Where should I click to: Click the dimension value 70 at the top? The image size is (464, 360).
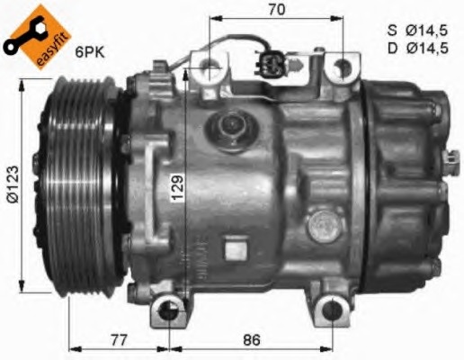[276, 10]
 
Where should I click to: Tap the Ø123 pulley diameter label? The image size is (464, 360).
[13, 184]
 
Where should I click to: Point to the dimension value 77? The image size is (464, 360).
[119, 340]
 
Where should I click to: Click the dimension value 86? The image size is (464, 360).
[252, 340]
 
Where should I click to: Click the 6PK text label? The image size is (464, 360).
[90, 53]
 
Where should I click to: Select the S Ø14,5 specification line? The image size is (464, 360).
[417, 31]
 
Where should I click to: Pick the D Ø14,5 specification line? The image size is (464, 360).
[418, 49]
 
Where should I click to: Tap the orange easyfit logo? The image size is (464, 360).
[39, 35]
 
